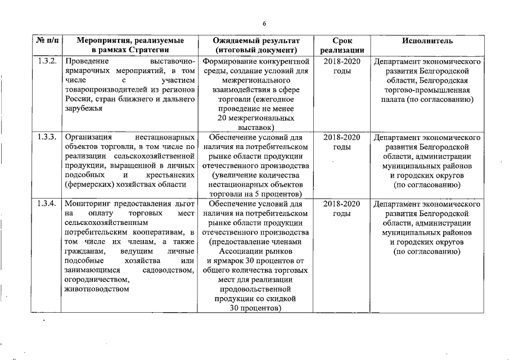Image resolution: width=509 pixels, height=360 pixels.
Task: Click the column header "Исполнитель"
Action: tap(427, 41)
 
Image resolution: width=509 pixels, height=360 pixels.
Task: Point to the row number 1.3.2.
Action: tap(48, 61)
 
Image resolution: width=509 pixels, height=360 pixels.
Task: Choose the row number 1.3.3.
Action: tap(48, 137)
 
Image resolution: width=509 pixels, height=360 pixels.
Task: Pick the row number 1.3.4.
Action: tap(48, 204)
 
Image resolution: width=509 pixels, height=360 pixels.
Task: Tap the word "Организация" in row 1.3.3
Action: tap(89, 137)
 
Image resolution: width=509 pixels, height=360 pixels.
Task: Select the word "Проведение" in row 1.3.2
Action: tap(87, 61)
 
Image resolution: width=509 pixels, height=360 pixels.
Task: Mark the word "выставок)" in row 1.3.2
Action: tap(256, 128)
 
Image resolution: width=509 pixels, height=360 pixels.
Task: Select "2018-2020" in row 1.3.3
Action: tap(343, 137)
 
